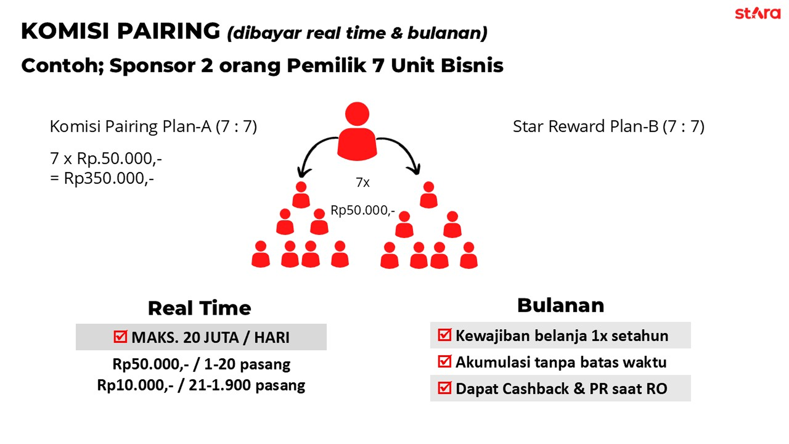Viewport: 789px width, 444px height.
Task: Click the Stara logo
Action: pos(757,13)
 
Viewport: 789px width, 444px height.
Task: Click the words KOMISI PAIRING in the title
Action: pos(121,31)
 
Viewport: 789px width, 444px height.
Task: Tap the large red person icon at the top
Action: pos(357,131)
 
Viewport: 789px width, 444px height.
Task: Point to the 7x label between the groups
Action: pos(363,183)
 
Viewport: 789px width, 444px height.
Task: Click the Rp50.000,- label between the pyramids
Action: pos(363,210)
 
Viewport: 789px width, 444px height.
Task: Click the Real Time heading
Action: pos(199,308)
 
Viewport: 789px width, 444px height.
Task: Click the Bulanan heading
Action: pos(560,306)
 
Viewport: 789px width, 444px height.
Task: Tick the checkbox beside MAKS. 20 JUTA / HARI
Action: pos(120,336)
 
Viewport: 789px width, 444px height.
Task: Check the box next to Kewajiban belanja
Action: pos(444,335)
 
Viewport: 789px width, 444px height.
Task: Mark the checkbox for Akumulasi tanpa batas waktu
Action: pos(444,361)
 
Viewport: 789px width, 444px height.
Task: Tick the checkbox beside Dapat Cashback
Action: pos(444,388)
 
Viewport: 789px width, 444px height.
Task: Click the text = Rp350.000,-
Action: pos(102,178)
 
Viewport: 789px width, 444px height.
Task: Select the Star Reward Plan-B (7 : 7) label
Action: pos(609,126)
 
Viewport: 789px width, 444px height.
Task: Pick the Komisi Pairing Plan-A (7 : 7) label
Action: pos(153,126)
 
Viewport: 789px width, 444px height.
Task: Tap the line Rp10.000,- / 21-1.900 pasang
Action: pos(201,385)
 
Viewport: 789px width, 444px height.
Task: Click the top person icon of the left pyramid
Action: pos(301,195)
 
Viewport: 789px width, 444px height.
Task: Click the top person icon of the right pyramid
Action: pos(428,195)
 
